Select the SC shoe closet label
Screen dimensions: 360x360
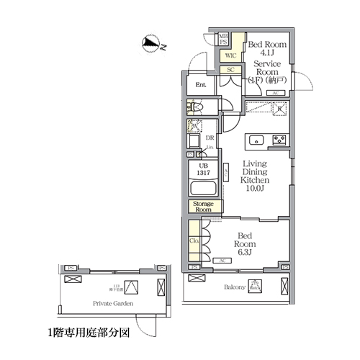(x=231, y=70)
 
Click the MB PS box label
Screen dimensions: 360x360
(x=224, y=39)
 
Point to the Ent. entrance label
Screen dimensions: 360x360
(x=201, y=85)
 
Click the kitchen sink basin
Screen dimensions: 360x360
(x=256, y=139)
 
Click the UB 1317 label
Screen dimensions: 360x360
(x=203, y=169)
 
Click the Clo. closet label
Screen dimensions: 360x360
(x=194, y=241)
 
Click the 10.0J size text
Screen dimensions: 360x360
(x=254, y=188)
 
